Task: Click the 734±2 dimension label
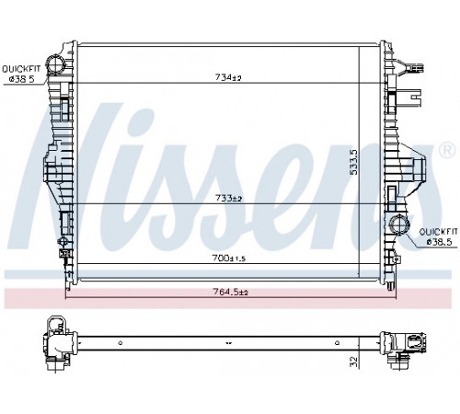tap(228, 78)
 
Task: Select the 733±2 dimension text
tap(228, 199)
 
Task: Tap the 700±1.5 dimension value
tap(229, 259)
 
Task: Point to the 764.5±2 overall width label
tap(230, 293)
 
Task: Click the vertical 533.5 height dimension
tap(354, 162)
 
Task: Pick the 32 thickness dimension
tap(354, 362)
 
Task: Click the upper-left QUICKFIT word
tap(21, 69)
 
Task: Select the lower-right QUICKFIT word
tap(438, 232)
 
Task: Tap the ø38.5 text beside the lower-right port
tap(440, 242)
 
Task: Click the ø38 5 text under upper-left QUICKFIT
tap(22, 79)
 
